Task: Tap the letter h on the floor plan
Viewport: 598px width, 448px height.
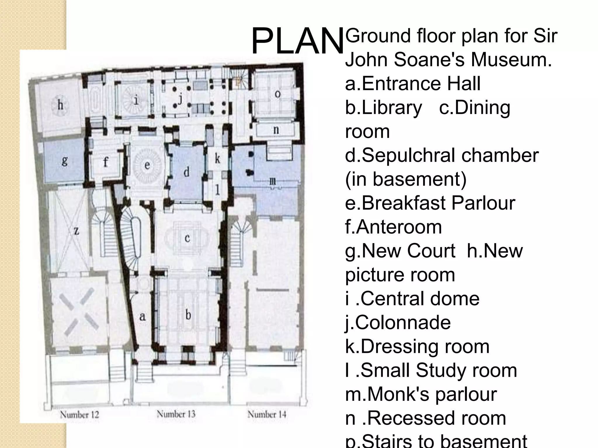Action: coord(60,105)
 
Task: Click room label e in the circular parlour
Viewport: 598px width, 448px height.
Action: coord(147,165)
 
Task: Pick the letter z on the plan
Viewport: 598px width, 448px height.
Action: coord(76,231)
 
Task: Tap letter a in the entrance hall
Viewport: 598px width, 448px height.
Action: coord(142,316)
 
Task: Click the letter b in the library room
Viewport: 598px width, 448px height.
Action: coord(188,314)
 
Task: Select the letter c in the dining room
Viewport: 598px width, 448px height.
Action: coord(187,238)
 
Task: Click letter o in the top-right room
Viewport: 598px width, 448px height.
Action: coord(278,94)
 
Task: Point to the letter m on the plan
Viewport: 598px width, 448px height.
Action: coord(272,181)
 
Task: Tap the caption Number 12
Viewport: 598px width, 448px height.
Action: coord(79,414)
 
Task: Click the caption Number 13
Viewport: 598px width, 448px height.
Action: coord(176,414)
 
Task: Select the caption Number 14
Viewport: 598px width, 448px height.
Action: coord(267,414)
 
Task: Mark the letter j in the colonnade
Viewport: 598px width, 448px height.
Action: coord(180,99)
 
